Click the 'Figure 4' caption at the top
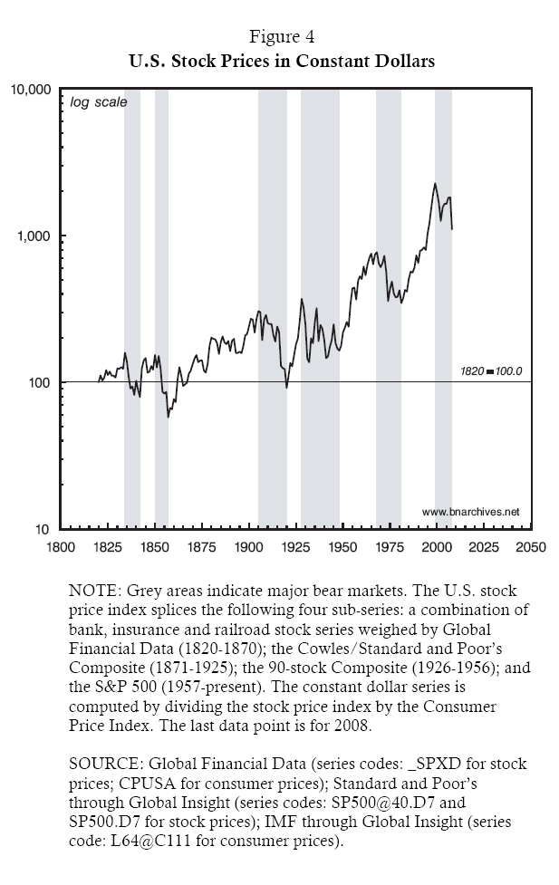[279, 38]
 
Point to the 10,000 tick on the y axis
[32, 90]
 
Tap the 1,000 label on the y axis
[35, 236]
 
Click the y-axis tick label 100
[41, 383]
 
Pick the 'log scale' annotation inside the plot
[99, 102]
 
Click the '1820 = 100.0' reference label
[492, 371]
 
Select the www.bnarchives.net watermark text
[470, 512]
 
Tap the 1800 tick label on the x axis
[61, 547]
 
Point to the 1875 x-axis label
[201, 547]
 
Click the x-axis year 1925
[295, 547]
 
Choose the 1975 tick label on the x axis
[390, 547]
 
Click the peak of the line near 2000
[435, 184]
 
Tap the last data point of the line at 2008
[452, 229]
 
